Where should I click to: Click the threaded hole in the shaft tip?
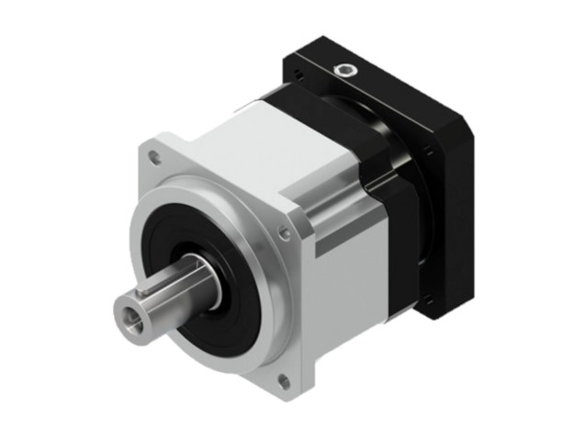[128, 317]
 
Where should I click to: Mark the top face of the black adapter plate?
[386, 78]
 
